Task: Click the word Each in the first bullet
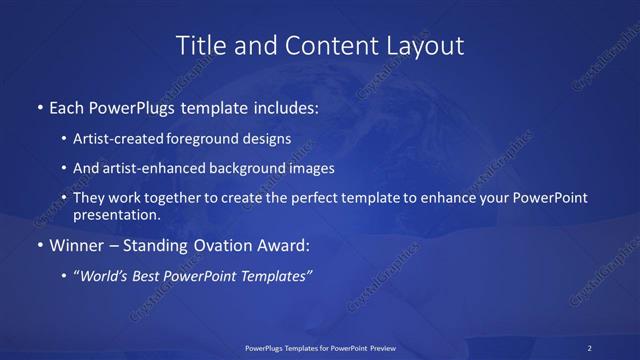coord(67,107)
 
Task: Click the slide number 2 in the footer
coord(590,347)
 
